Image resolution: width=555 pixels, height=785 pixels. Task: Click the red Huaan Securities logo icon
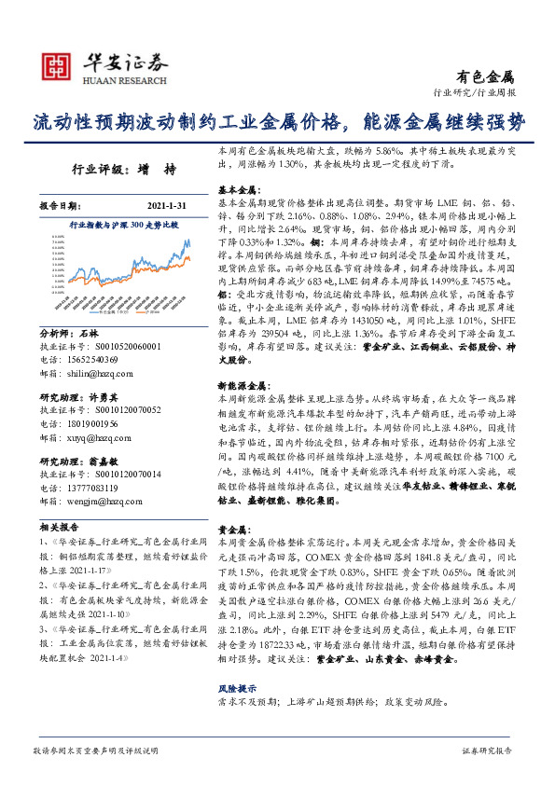pyautogui.click(x=58, y=65)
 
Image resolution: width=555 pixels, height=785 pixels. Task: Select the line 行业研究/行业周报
pyautogui.click(x=475, y=93)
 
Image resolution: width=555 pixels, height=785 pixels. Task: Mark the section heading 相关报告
pyautogui.click(x=59, y=525)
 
